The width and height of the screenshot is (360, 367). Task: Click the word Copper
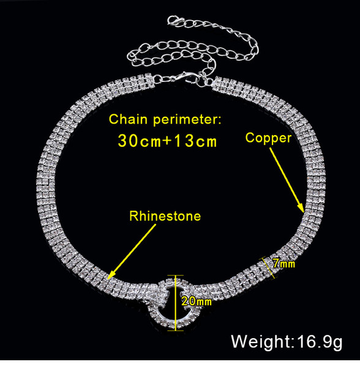click(x=268, y=138)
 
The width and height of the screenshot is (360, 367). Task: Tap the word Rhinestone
click(x=165, y=216)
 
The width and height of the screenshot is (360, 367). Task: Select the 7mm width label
click(x=284, y=264)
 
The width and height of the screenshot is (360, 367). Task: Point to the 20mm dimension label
click(x=197, y=301)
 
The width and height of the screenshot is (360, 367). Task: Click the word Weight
click(x=261, y=342)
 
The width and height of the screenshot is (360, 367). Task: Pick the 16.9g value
click(x=320, y=343)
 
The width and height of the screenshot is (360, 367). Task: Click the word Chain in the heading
click(x=128, y=119)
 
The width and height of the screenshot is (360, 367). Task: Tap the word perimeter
click(x=187, y=120)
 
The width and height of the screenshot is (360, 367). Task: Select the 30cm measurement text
click(x=140, y=141)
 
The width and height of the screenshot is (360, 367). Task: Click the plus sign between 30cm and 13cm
click(x=168, y=141)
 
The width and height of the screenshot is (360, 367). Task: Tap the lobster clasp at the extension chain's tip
click(x=174, y=21)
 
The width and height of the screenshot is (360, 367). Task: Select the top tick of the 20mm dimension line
click(x=175, y=276)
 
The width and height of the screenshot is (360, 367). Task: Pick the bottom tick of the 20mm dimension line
click(x=175, y=330)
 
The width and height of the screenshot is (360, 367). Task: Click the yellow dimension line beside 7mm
click(x=268, y=268)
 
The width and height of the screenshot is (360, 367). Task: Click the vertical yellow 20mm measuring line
click(x=175, y=303)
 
